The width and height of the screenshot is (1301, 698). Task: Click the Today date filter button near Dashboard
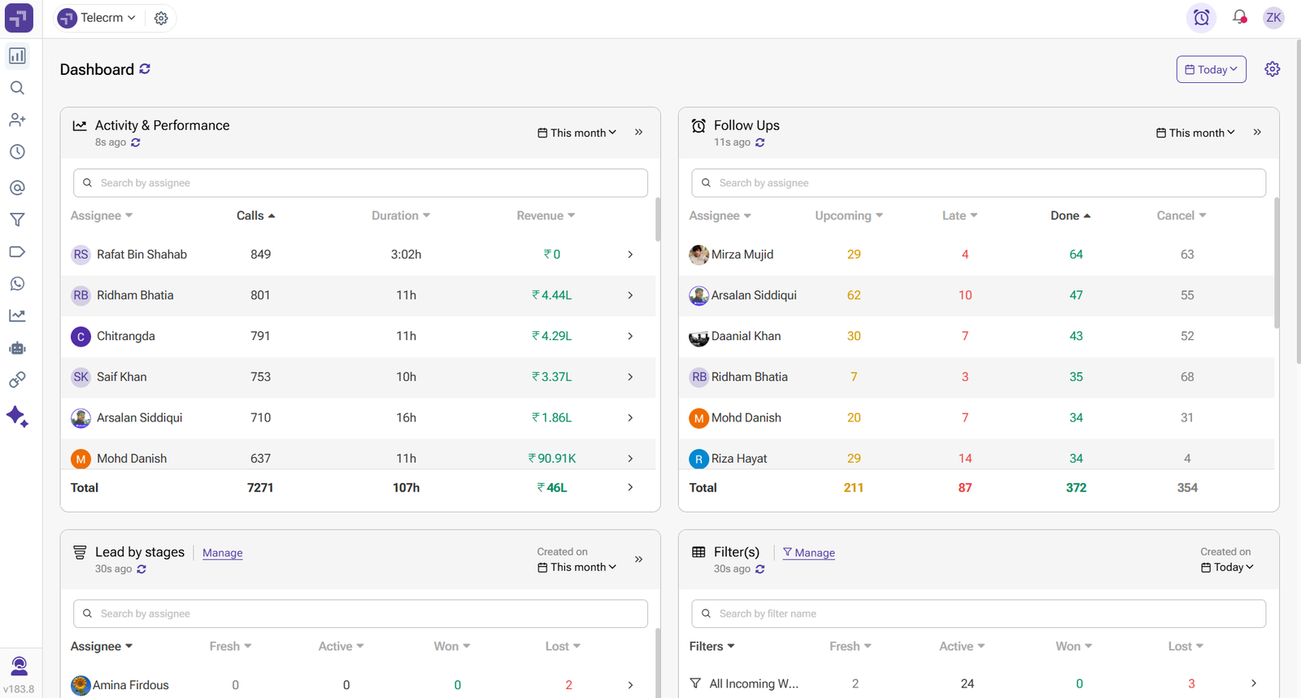[1211, 70]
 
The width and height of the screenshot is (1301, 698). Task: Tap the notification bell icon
[1239, 17]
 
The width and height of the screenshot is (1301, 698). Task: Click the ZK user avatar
[1273, 17]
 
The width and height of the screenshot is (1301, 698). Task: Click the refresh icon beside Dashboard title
[145, 69]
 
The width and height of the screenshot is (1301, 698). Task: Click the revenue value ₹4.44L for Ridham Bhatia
[552, 295]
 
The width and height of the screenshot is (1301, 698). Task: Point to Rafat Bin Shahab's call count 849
[260, 255]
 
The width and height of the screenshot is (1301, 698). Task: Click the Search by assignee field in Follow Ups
[978, 183]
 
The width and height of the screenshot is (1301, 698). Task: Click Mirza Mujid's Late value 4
[965, 255]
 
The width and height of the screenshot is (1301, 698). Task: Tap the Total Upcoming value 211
[853, 488]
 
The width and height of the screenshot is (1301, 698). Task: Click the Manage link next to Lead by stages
[222, 553]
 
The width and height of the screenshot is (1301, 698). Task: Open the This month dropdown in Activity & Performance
[577, 133]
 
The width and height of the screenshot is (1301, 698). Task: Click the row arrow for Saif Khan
[630, 377]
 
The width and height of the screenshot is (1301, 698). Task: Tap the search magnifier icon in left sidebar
[17, 88]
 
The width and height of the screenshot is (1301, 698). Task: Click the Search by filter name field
[978, 613]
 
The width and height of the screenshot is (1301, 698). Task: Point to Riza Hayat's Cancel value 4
[1187, 459]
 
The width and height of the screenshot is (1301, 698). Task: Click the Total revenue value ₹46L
[552, 488]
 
